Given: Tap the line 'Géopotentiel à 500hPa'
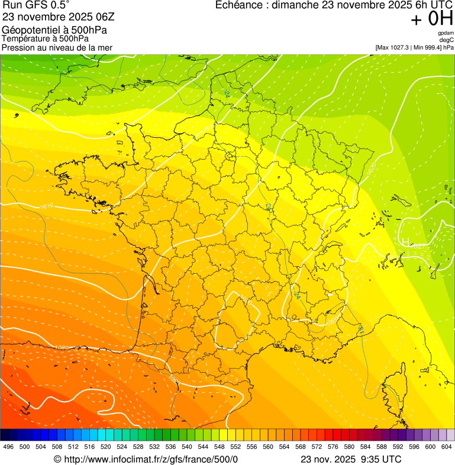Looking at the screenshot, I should click(x=54, y=30).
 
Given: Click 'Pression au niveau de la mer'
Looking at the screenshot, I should click(x=57, y=47).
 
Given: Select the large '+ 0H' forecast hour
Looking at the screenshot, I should click(x=432, y=20).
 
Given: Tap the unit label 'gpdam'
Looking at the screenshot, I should click(x=446, y=33).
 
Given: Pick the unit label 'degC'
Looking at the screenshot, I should click(x=447, y=40).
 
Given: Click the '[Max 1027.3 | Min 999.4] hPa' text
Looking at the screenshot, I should click(x=414, y=47).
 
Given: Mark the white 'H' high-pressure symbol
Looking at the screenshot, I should click(x=405, y=241).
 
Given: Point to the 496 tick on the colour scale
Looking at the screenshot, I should click(x=8, y=447).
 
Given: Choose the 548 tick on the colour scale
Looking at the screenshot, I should click(x=219, y=447).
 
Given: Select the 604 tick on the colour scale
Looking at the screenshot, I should click(x=447, y=447).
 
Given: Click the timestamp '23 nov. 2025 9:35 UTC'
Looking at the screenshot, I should click(x=351, y=459).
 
